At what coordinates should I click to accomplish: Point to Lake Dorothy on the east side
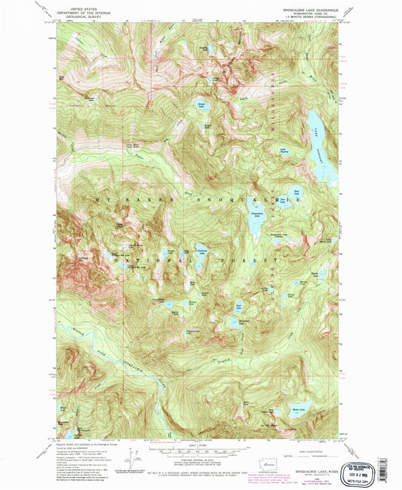click(x=323, y=143)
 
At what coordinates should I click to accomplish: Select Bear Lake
click(x=296, y=199)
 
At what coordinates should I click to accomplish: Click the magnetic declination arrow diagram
click(x=137, y=457)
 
